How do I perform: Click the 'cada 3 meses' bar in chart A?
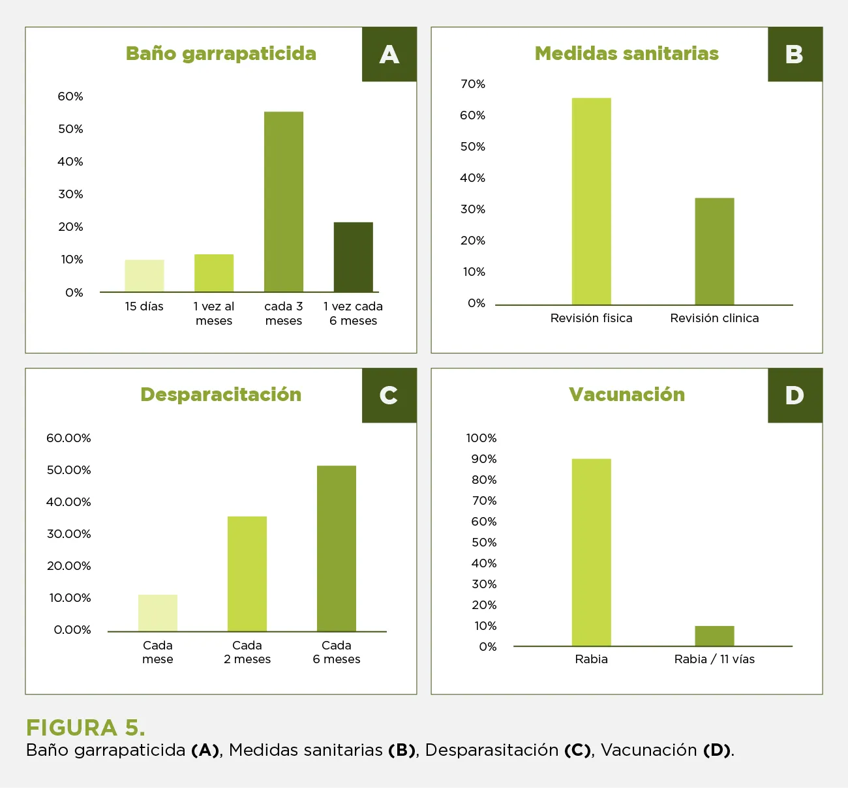coord(284,202)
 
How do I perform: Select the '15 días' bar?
coord(144,276)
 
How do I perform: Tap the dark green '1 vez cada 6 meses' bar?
coord(353,257)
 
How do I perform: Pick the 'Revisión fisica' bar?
coord(591,201)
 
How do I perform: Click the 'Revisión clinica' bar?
coord(714,251)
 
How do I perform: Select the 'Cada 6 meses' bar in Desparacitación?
coord(337,548)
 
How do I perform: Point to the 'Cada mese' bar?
coord(158,613)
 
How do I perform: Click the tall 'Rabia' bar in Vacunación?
coord(591,552)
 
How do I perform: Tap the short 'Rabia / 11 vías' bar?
coord(714,636)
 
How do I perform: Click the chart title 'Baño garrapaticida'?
coord(221,53)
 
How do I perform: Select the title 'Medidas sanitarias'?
coord(626,53)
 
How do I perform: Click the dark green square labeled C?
coord(389,395)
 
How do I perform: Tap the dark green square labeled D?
coord(795,395)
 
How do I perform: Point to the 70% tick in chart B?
coord(473,84)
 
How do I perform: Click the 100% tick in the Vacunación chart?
coord(481,438)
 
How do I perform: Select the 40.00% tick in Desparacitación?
coord(68,502)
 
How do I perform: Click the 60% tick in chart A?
coord(70,97)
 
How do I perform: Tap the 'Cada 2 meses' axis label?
coord(247,652)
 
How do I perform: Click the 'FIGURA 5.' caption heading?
coord(85,727)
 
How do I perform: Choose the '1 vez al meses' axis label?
coord(214,314)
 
